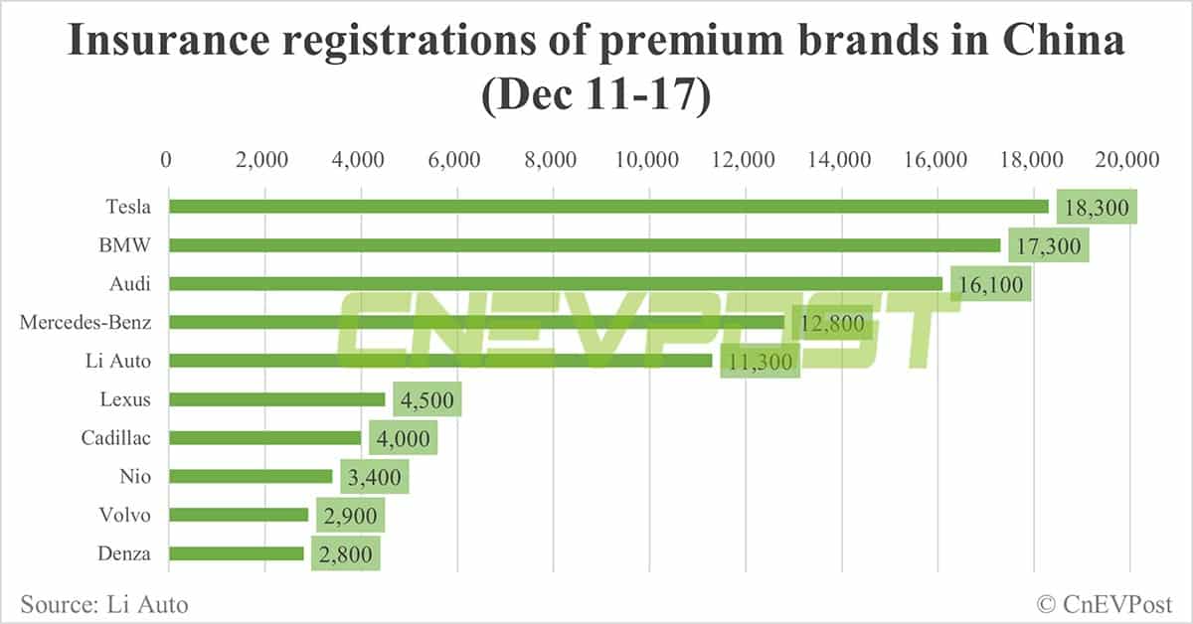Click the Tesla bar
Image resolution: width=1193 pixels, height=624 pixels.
(x=608, y=206)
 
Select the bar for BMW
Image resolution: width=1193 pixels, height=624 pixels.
(x=585, y=244)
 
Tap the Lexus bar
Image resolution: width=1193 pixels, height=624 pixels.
(x=276, y=399)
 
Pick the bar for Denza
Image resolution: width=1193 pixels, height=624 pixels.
(x=236, y=553)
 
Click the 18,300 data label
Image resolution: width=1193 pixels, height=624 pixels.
(x=1096, y=208)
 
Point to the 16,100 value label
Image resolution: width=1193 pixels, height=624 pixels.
(x=990, y=284)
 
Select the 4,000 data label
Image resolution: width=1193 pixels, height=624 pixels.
(x=403, y=438)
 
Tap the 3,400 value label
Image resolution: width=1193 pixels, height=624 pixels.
(x=374, y=477)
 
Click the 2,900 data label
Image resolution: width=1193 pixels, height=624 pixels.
(x=349, y=516)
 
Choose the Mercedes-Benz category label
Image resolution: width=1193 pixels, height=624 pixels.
(x=85, y=322)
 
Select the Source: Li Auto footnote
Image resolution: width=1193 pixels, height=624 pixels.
(x=103, y=603)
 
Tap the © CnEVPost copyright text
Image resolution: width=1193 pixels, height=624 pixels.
(x=1105, y=603)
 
